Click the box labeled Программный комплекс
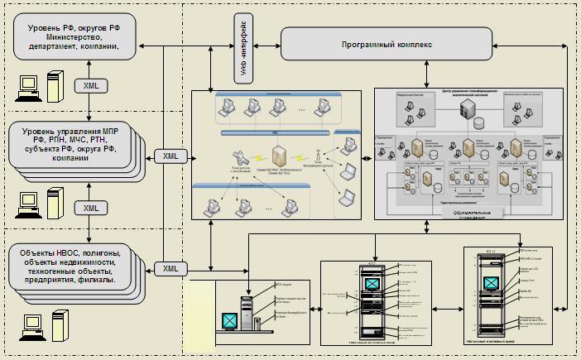(387, 43)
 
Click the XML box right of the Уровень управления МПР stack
(170, 156)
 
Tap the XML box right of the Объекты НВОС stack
(170, 268)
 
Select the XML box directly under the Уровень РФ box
(89, 86)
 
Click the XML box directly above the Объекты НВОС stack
(89, 207)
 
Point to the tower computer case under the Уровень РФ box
(55, 86)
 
